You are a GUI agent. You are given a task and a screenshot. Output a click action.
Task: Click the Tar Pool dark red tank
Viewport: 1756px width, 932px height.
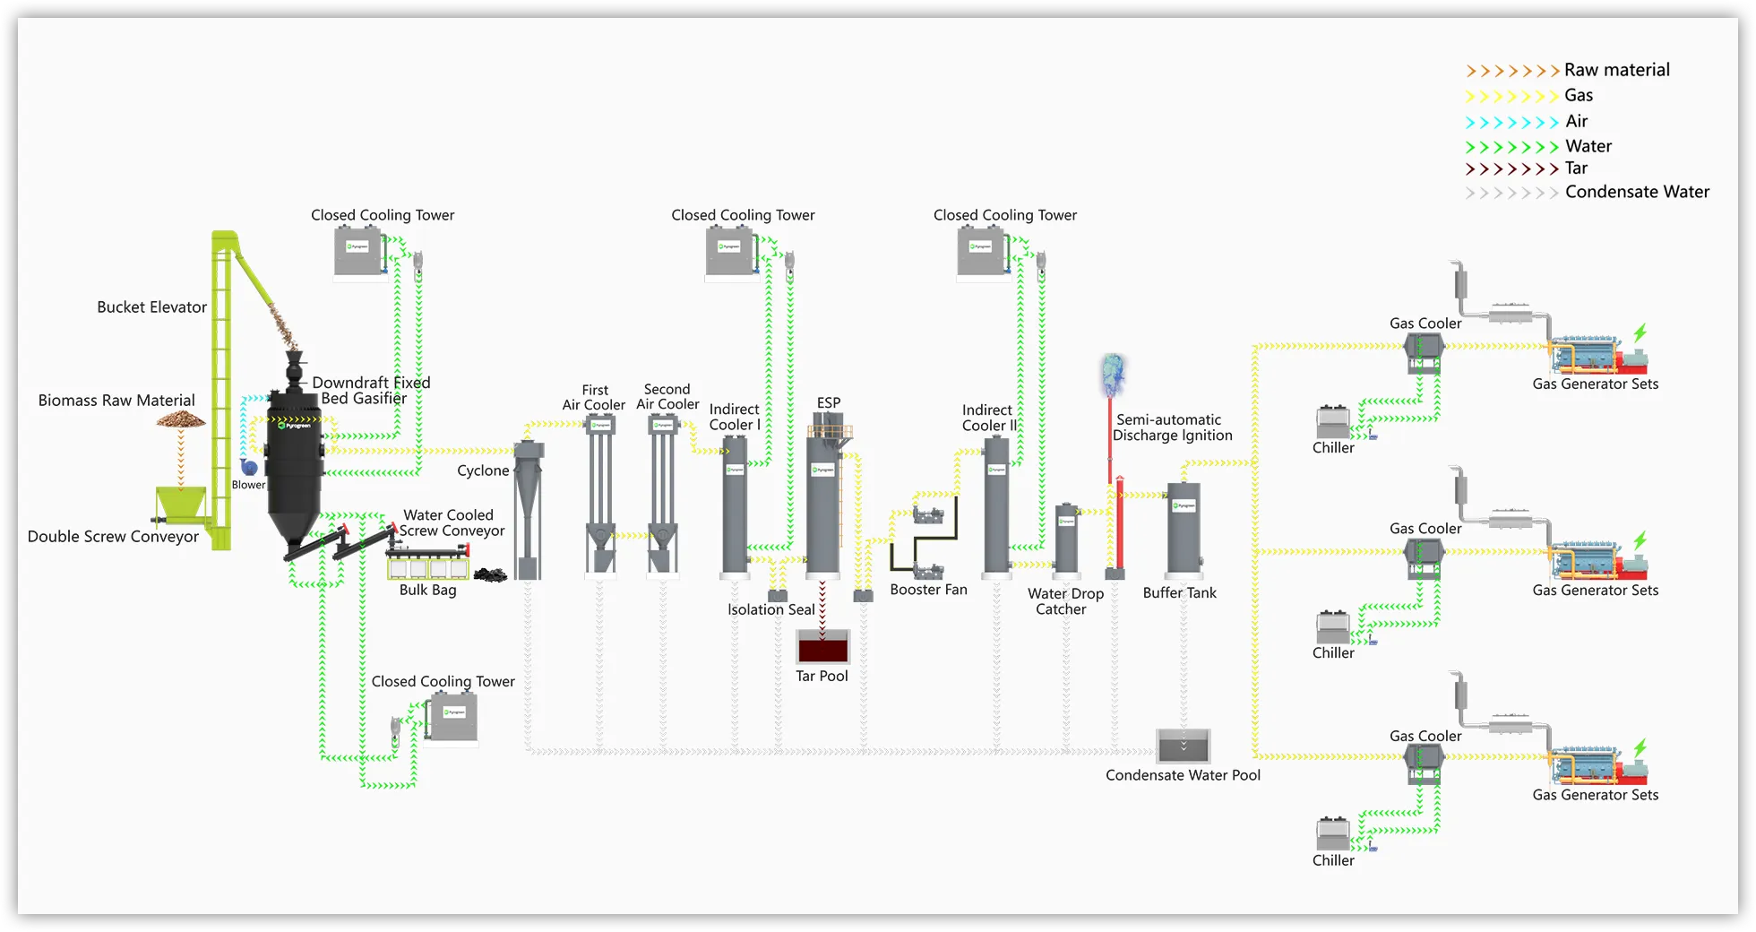click(x=822, y=646)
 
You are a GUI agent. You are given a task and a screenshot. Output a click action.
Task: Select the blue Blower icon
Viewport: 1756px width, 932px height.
click(x=249, y=467)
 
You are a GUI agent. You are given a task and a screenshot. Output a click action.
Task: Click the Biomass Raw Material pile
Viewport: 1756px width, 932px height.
click(x=181, y=419)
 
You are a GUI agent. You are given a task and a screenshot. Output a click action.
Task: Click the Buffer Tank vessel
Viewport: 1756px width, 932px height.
click(x=1184, y=531)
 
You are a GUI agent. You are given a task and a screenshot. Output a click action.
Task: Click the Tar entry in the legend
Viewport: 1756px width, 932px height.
click(x=1576, y=168)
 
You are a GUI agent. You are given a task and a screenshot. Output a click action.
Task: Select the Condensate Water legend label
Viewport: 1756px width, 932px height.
click(x=1637, y=192)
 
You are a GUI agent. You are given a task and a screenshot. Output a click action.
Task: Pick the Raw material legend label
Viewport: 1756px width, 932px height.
click(x=1616, y=70)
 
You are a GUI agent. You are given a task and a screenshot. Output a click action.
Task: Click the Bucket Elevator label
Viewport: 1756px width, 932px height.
click(x=151, y=307)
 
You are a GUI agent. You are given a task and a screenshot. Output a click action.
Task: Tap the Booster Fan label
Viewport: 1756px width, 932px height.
click(x=928, y=590)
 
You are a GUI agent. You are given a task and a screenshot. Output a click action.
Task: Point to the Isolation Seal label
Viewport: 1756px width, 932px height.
click(x=770, y=609)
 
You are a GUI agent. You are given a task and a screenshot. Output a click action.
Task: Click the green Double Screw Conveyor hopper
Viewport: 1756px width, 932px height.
click(x=181, y=504)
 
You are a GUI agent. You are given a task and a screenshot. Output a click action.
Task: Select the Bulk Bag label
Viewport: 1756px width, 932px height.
click(x=427, y=590)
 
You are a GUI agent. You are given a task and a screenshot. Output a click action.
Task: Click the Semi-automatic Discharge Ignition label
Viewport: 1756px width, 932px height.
click(x=1172, y=427)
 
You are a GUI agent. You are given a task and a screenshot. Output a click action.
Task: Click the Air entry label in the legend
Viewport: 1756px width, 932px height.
click(x=1576, y=121)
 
